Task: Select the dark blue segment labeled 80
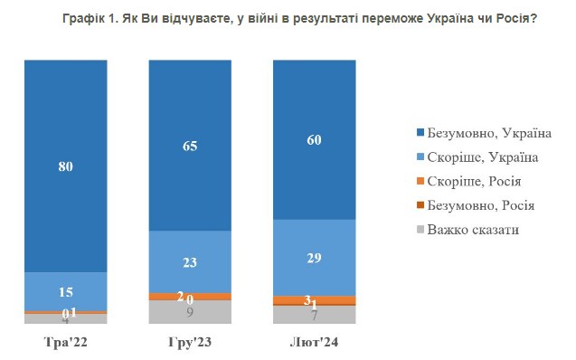pyautogui.click(x=65, y=166)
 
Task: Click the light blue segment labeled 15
pyautogui.click(x=65, y=291)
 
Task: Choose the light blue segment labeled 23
pyautogui.click(x=190, y=261)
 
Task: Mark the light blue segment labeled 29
pyautogui.click(x=314, y=258)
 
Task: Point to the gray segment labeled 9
pyautogui.click(x=190, y=312)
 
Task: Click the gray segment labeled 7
pyautogui.click(x=314, y=315)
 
